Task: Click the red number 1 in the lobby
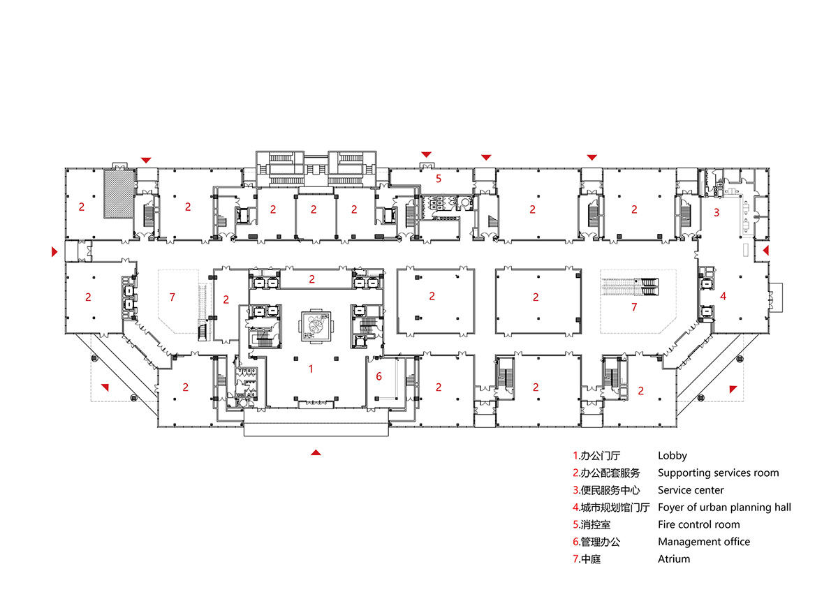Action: click(311, 368)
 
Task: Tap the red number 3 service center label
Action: click(716, 212)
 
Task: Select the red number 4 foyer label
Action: click(723, 296)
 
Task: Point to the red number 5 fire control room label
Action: click(439, 178)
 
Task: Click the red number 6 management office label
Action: click(379, 376)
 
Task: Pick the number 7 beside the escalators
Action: click(634, 306)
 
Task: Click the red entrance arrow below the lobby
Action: click(316, 452)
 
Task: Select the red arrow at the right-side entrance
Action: click(766, 249)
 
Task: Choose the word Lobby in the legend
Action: click(672, 456)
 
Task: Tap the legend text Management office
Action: click(703, 542)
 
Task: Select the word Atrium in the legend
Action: click(673, 558)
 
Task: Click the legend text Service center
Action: click(691, 490)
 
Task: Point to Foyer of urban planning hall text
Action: click(724, 508)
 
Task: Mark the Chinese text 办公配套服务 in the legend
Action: click(610, 473)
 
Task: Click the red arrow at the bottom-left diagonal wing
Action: click(105, 387)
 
